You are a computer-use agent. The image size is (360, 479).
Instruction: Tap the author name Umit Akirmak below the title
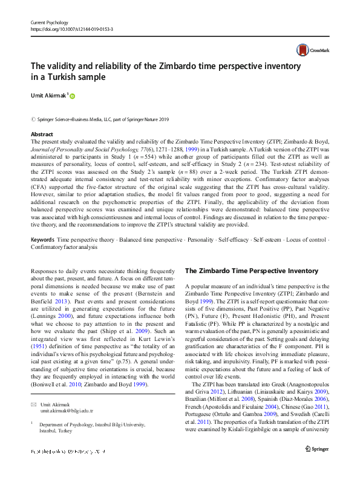(49, 95)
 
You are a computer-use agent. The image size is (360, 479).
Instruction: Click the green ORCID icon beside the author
(74, 96)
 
